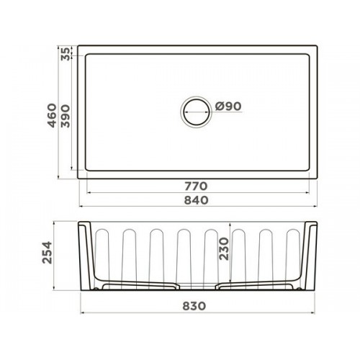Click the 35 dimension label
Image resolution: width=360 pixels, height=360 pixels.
pyautogui.click(x=66, y=54)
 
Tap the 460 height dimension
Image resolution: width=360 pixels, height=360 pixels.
pyautogui.click(x=52, y=115)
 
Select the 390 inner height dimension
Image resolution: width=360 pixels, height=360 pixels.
pyautogui.click(x=66, y=116)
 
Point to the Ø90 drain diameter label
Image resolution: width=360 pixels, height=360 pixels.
pyautogui.click(x=228, y=107)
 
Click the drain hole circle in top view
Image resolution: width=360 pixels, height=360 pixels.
pyautogui.click(x=196, y=99)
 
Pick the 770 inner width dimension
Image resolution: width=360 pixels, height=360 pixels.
pyautogui.click(x=196, y=186)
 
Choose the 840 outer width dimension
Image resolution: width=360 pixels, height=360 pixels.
pyautogui.click(x=196, y=200)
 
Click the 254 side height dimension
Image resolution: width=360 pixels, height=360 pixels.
pyautogui.click(x=47, y=253)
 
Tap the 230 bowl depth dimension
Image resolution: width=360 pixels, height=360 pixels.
pyautogui.click(x=224, y=248)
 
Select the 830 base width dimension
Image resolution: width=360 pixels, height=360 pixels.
pyautogui.click(x=194, y=306)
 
